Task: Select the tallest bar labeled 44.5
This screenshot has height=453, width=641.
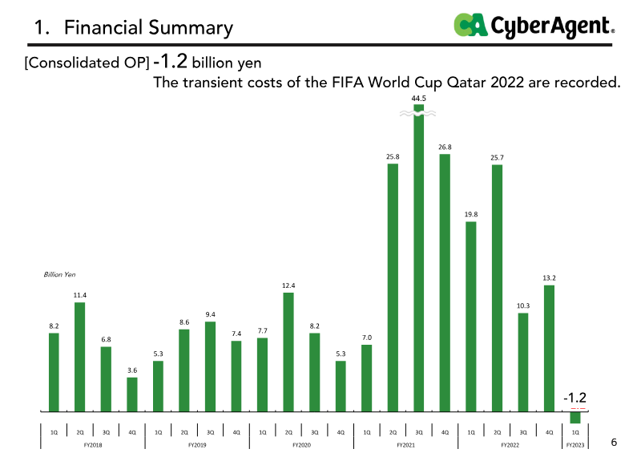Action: coord(418,265)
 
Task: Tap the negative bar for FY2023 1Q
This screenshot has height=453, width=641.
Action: coord(575,418)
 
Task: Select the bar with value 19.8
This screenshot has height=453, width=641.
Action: coord(471,316)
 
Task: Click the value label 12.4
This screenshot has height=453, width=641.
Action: coord(288,285)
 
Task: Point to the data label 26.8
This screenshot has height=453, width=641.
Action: coord(445,147)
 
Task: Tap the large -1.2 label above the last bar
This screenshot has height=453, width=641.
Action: coord(575,397)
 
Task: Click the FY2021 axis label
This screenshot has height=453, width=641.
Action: coord(405,444)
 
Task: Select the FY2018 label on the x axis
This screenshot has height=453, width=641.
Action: coord(93,444)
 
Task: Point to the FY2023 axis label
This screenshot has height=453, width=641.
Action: coord(575,444)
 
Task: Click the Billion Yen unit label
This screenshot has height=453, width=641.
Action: coord(59,274)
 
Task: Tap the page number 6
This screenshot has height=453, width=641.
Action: coord(615,443)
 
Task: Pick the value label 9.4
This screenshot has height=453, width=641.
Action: coord(210,314)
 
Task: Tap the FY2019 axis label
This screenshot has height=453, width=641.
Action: coord(197,444)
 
